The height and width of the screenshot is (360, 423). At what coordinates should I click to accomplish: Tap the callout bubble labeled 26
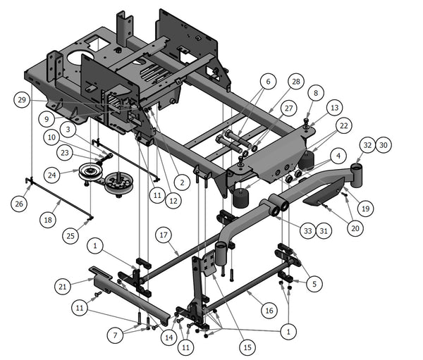click(19, 204)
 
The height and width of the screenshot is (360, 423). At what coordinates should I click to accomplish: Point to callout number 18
click(48, 220)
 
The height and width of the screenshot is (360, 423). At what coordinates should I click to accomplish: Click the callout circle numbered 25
click(69, 233)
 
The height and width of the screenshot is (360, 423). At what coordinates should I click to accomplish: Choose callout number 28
click(295, 82)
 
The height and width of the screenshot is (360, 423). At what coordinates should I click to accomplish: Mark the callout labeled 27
click(287, 108)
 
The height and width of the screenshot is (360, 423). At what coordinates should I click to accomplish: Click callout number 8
click(315, 92)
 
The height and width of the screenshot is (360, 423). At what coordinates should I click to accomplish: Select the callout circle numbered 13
click(334, 107)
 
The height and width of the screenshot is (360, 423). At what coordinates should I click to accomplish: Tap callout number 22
click(343, 125)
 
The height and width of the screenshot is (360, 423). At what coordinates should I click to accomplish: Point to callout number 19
click(366, 209)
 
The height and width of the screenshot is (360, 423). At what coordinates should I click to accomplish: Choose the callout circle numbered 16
click(268, 309)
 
